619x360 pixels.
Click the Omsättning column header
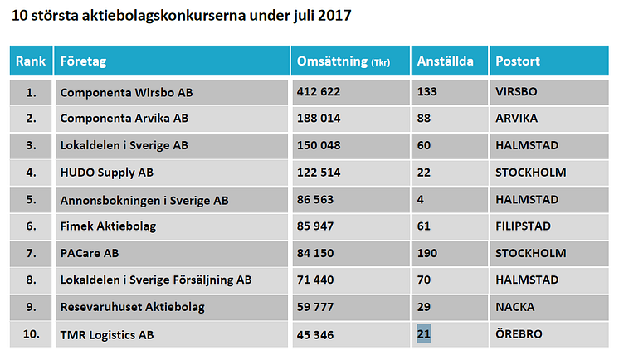tap(343, 61)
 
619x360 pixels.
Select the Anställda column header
tap(446, 61)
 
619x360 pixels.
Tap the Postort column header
tap(519, 61)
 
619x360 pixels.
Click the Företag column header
tap(83, 61)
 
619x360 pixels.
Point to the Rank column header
tap(31, 61)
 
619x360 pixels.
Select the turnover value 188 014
tap(319, 119)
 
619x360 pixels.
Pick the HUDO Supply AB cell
tap(107, 173)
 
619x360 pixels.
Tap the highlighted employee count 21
tap(424, 333)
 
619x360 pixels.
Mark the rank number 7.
tap(31, 253)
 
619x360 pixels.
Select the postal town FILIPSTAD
tap(527, 226)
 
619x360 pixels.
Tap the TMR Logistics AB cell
tap(107, 333)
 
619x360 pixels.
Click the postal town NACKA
tap(515, 307)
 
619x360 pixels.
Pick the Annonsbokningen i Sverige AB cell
tap(144, 199)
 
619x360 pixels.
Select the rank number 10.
tap(31, 333)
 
